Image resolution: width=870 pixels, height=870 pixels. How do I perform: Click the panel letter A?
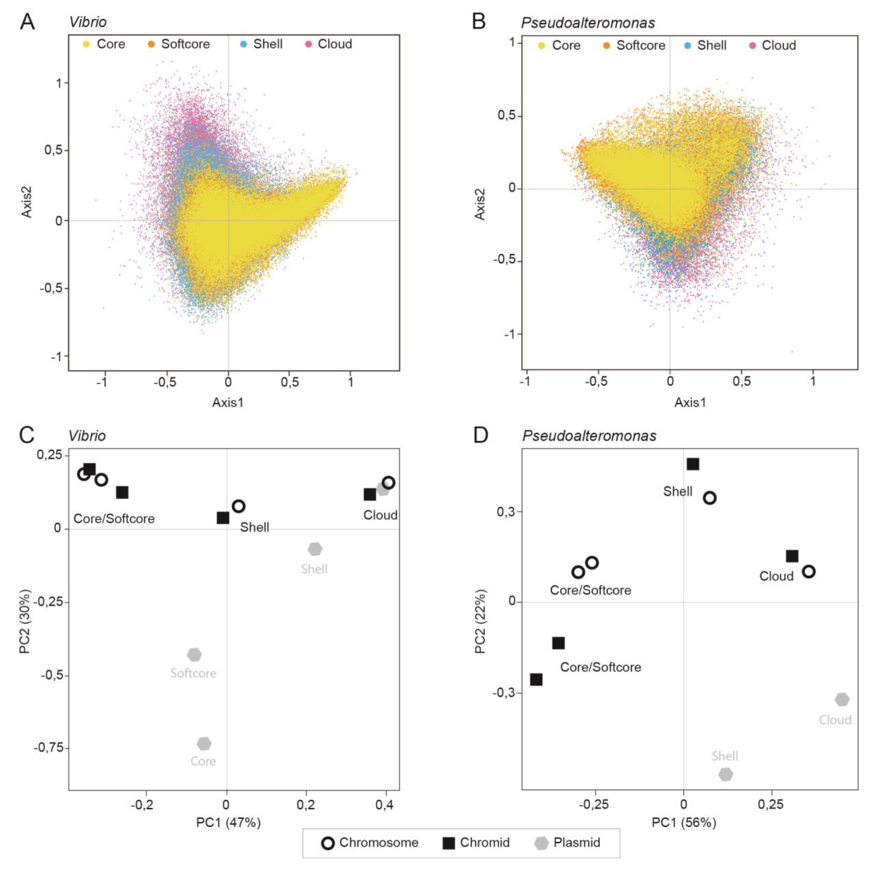pos(27,22)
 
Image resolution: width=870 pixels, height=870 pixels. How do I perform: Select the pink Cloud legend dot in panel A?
pos(309,44)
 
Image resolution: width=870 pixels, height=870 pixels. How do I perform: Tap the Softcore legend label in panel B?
pos(640,46)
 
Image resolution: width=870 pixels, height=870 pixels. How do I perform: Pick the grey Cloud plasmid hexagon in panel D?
pos(842,699)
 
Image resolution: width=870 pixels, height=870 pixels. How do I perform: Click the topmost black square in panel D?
pos(693,464)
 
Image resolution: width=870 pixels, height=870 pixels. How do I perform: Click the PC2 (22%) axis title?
pos(480,621)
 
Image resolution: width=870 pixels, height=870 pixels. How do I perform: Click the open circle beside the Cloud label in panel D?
pos(809,571)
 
